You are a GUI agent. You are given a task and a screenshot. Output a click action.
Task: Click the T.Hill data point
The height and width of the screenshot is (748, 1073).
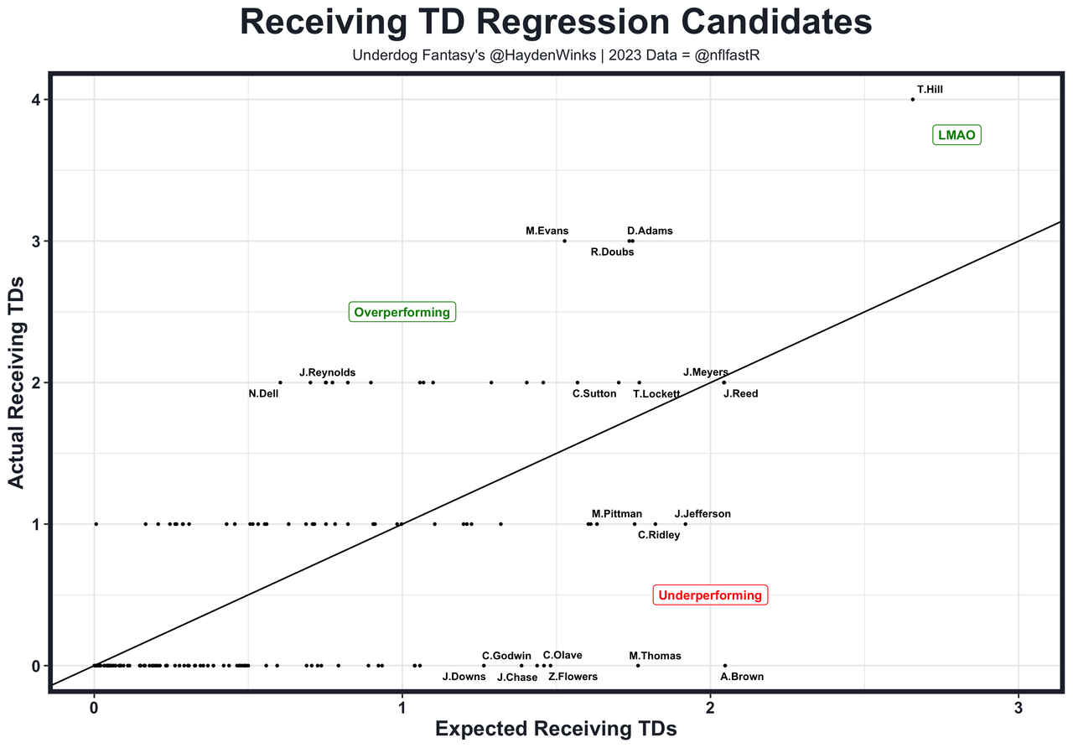click(x=913, y=100)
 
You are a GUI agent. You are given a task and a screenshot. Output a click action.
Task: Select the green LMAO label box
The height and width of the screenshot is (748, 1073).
click(x=956, y=135)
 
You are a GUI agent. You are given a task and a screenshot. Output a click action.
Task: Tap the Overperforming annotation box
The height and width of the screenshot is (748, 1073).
click(x=402, y=312)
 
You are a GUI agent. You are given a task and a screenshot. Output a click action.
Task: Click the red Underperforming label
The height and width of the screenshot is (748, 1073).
click(x=710, y=595)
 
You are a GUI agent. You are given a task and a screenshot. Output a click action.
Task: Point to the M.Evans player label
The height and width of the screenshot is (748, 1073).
click(x=547, y=231)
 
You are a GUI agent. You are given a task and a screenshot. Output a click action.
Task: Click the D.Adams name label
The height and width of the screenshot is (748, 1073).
click(x=650, y=231)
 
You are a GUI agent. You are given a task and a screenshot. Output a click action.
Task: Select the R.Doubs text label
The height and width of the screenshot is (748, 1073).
click(x=612, y=252)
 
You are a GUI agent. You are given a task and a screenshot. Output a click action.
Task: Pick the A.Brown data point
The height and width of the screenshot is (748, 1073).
click(x=725, y=666)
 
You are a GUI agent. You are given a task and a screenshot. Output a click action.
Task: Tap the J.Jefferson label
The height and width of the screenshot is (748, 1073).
click(x=702, y=514)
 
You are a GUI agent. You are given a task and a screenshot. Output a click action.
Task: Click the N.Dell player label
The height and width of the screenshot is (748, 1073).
click(x=263, y=393)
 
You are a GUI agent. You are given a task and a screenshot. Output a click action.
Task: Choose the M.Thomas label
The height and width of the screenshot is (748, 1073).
click(x=655, y=656)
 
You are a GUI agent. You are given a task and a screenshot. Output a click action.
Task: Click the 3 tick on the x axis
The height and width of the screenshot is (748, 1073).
click(x=1019, y=707)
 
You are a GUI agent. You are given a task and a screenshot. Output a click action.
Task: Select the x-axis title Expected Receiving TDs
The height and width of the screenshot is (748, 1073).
click(x=556, y=730)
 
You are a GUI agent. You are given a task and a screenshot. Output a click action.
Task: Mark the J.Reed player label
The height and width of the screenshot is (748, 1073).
click(x=740, y=393)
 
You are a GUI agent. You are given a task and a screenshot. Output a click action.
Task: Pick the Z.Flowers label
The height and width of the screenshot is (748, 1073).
click(x=573, y=677)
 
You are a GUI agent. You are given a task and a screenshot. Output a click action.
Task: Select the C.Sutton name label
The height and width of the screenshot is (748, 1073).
click(x=594, y=393)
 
